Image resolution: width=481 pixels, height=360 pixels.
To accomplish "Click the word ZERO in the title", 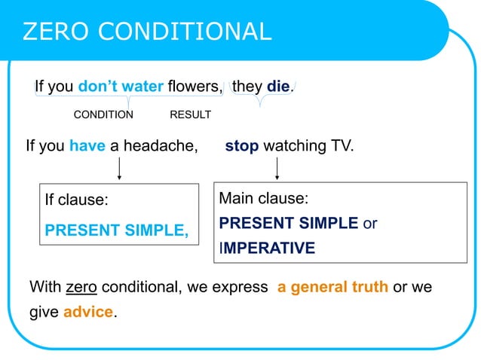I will click(x=56, y=31).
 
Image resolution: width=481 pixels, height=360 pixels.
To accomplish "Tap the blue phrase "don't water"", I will click(x=121, y=87).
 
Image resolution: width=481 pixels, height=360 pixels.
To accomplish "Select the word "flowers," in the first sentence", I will click(x=195, y=87).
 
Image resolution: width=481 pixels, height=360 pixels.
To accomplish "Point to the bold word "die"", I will click(x=278, y=87).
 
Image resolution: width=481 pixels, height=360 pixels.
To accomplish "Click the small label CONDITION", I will click(x=103, y=115).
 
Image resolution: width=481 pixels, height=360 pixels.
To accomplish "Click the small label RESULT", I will click(x=190, y=115).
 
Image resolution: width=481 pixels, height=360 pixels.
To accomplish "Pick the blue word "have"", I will click(x=87, y=146).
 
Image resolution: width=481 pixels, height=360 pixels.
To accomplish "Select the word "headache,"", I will click(x=164, y=146).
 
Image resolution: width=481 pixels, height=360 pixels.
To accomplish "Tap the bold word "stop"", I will click(x=241, y=146).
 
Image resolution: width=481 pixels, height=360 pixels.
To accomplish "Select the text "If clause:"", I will click(x=77, y=201).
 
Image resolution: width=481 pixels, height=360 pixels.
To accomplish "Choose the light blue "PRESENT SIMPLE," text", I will click(x=117, y=230).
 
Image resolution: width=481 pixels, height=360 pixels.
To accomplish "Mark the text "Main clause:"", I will click(x=264, y=199).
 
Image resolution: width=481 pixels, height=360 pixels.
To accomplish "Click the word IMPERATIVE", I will click(x=268, y=249).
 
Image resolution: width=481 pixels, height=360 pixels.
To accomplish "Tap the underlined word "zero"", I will click(x=81, y=287).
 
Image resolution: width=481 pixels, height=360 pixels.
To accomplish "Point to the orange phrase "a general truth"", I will click(x=332, y=287).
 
